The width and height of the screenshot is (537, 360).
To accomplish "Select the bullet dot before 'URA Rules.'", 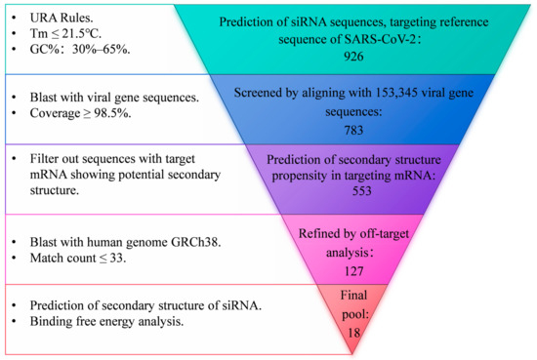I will coord(11,17).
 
